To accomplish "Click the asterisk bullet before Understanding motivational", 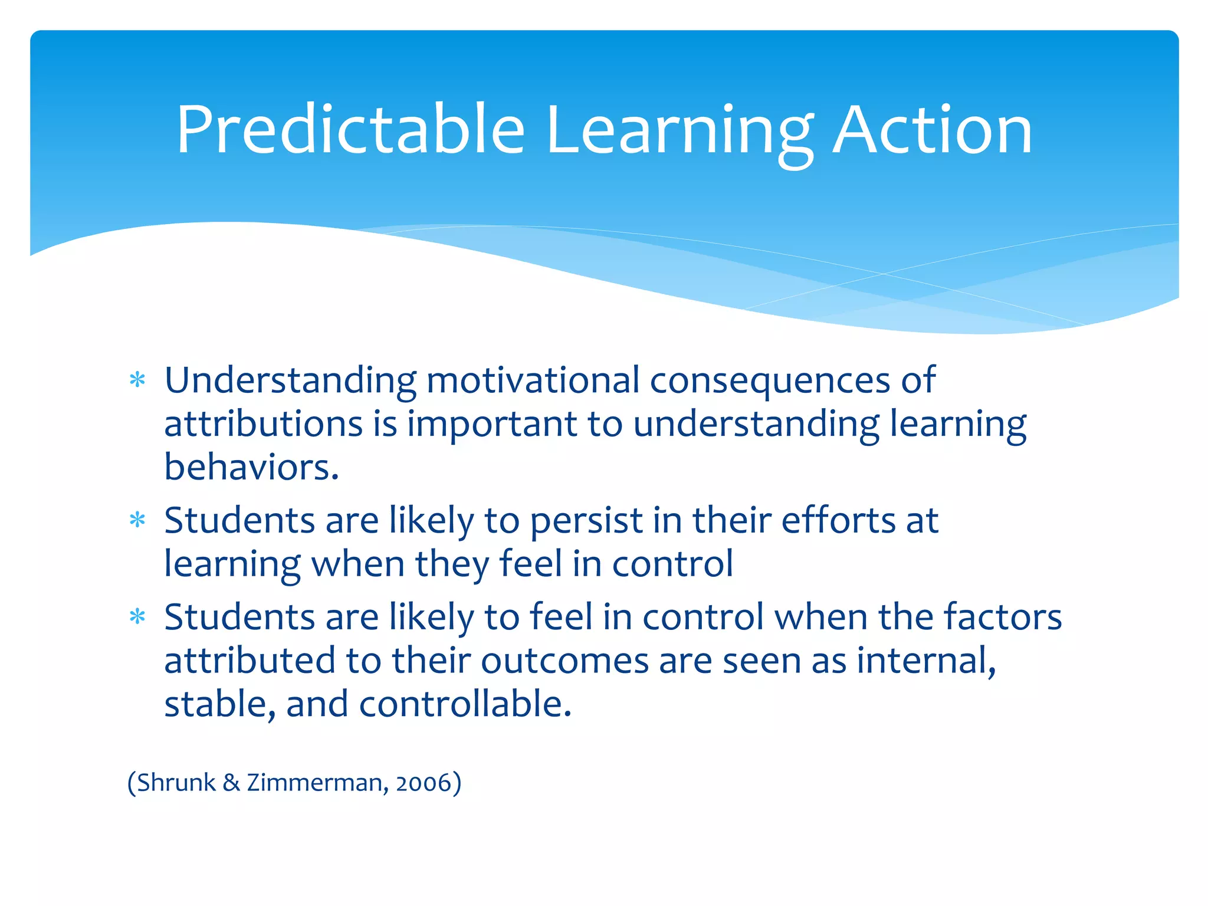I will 137,380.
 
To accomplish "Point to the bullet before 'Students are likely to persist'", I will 137,521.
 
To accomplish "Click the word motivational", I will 532,380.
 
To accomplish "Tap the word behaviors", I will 251,467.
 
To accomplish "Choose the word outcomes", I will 564,661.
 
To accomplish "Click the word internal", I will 925,661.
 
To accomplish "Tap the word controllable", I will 465,704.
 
